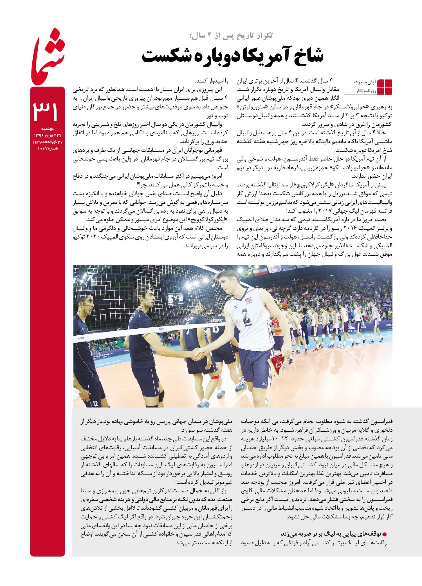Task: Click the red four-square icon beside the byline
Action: click(x=384, y=87)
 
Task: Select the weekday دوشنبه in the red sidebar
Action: click(x=47, y=129)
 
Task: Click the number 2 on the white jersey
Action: click(x=246, y=317)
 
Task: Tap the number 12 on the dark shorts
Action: click(x=95, y=404)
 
